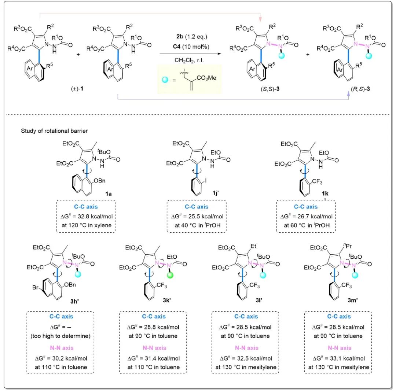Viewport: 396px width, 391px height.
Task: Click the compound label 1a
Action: [108, 193]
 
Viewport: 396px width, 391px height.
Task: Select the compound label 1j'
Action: [216, 193]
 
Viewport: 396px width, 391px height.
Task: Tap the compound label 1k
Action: [325, 193]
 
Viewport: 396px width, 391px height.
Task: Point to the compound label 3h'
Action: [74, 301]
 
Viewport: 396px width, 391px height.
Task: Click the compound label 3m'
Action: [353, 300]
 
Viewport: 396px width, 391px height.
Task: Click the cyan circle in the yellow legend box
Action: [165, 80]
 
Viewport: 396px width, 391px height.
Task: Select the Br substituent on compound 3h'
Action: [35, 288]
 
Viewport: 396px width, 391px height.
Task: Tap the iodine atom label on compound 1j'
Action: [206, 181]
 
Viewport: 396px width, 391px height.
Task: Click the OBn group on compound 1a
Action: [99, 181]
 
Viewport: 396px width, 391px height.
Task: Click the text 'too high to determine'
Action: [60, 336]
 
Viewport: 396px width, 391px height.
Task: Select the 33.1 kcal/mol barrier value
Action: [347, 358]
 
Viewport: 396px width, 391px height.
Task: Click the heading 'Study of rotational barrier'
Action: [54, 131]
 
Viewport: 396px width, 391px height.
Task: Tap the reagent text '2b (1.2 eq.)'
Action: [192, 37]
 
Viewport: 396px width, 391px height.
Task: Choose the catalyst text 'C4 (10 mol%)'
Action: [191, 47]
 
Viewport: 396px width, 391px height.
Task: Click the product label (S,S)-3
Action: [270, 89]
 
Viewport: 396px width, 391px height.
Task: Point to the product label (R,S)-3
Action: [360, 89]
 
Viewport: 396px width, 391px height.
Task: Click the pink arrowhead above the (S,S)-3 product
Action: [260, 19]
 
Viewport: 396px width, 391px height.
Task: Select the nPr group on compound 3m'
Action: [347, 246]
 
